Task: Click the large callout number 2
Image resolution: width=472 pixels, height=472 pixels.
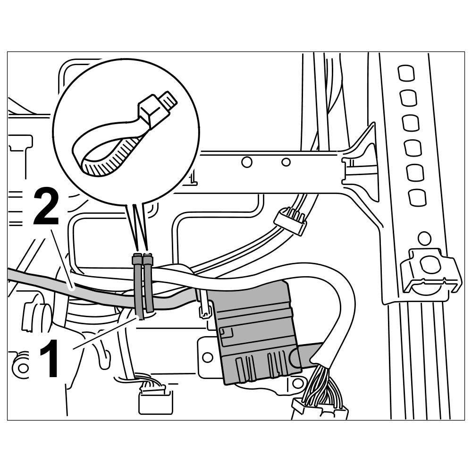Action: coord(46,207)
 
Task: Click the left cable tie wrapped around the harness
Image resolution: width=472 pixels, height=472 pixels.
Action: coord(138,286)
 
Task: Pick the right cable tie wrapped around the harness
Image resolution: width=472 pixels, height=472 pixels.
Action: coord(149,283)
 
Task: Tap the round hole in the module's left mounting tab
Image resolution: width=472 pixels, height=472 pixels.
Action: coord(208,356)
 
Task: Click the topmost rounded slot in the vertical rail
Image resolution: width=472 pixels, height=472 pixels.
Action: coord(405,73)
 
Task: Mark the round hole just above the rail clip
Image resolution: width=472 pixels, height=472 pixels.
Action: coord(424,237)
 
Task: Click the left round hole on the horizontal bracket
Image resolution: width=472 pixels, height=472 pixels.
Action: coord(246,162)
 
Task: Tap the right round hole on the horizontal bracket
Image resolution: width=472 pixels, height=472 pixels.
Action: coord(286,162)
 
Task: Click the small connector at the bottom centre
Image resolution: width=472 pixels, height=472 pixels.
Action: coord(155,400)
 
